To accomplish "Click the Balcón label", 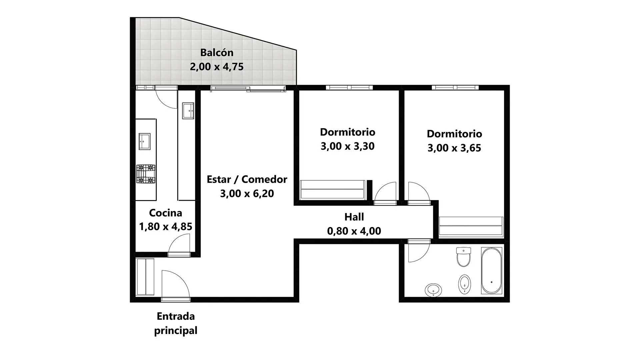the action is coord(217,53).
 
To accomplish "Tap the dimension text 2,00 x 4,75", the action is coord(217,67).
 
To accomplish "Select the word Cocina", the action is coord(166,213).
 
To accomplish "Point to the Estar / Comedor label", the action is coord(247,179).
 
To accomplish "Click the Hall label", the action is coord(354,217).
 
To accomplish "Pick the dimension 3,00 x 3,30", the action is coord(348,146).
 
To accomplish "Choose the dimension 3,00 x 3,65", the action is coord(454,148).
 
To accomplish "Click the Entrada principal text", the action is coord(176,323).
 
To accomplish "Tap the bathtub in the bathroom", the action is coord(492,271).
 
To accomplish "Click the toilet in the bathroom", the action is coord(463,257).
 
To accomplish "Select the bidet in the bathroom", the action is coord(464,284).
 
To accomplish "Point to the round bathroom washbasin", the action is coord(433,290).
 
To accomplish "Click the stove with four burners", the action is coord(146,174).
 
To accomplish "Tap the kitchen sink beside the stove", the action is coord(145,141).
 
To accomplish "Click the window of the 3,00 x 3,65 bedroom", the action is coord(455,88).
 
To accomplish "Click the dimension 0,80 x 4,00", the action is coord(354,231).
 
